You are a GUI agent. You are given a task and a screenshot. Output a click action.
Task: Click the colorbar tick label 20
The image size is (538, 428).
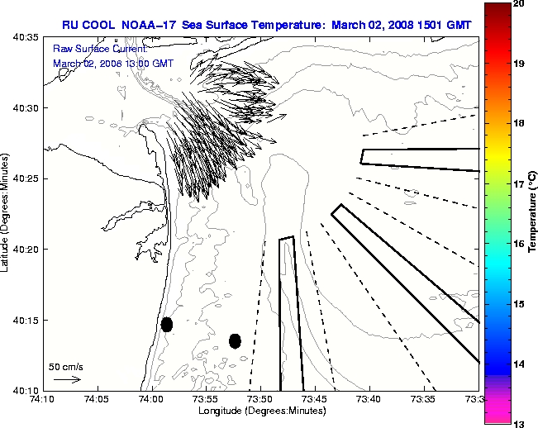click(518, 4)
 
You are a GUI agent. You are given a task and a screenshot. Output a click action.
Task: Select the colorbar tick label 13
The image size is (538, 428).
click(518, 424)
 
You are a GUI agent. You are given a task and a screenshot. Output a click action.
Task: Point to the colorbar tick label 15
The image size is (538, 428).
click(518, 304)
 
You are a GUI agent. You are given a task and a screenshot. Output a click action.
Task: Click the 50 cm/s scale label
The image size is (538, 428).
click(66, 366)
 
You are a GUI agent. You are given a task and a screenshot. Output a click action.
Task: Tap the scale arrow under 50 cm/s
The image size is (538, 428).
click(67, 380)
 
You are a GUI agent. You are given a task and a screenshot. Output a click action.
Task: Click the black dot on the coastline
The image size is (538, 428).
click(167, 324)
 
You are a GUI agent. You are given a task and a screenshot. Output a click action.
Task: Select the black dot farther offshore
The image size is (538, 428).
click(235, 340)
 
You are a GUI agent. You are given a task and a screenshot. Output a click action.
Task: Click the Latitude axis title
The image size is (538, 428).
click(7, 214)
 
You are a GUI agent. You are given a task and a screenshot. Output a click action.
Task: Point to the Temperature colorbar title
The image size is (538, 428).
click(533, 213)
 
